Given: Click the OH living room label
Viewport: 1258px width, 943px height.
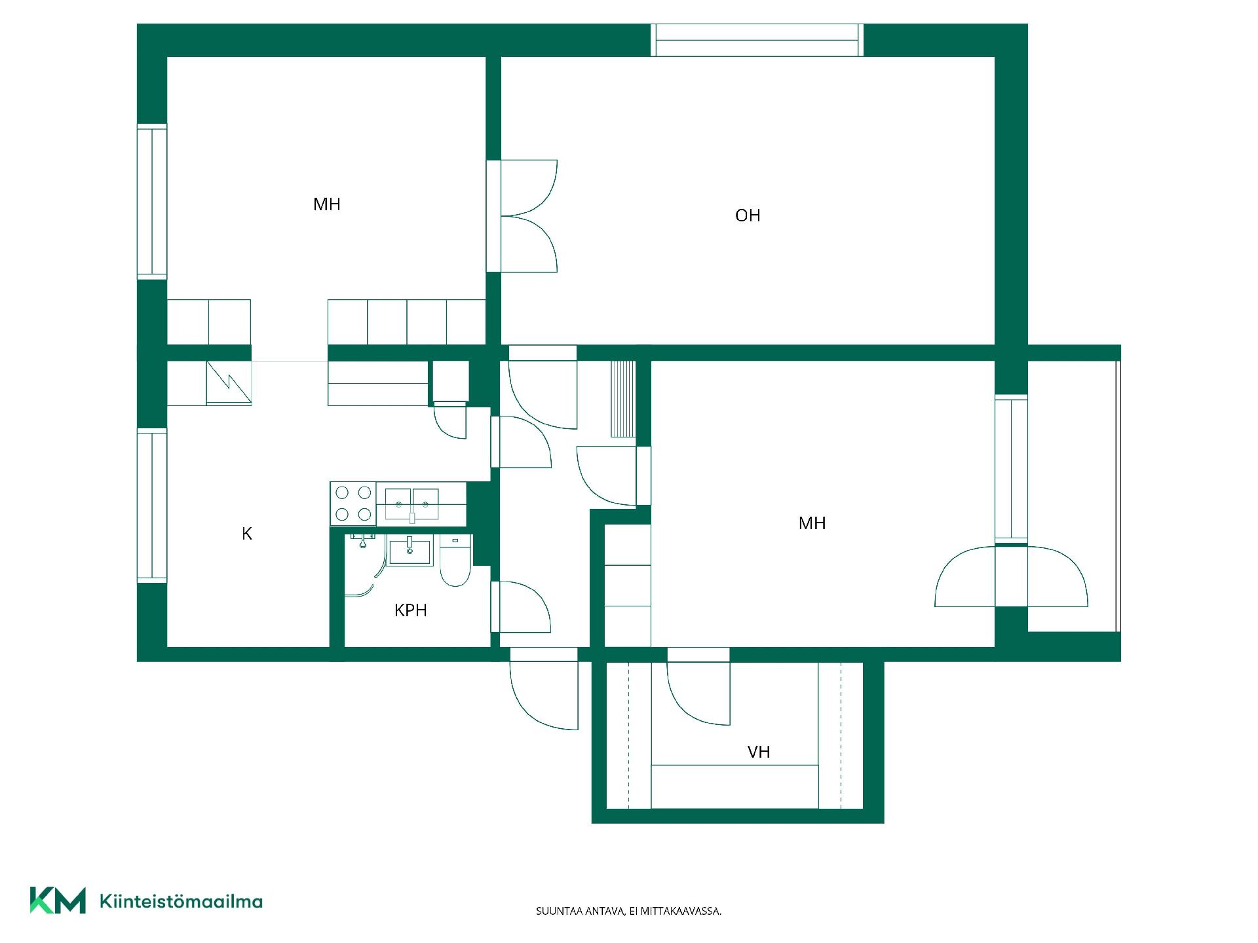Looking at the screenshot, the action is (x=748, y=215).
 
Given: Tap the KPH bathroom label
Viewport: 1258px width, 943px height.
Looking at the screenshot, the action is (x=411, y=610).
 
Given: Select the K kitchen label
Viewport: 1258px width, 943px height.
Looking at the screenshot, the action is (x=247, y=534).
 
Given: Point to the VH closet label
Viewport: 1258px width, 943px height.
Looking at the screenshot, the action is (x=759, y=752).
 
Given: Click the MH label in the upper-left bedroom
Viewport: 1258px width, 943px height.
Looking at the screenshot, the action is (x=327, y=204).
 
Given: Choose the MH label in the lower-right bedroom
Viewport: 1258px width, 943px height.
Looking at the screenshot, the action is (x=812, y=523).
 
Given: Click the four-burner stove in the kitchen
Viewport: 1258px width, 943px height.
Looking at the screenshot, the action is (x=353, y=504).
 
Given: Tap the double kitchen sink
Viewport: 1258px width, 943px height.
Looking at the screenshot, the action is (x=412, y=505).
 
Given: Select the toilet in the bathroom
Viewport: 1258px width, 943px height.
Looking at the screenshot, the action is (x=455, y=561).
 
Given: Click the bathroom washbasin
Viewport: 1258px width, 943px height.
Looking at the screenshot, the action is (x=410, y=551).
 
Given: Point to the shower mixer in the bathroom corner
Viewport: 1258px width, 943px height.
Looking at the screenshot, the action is (x=363, y=540).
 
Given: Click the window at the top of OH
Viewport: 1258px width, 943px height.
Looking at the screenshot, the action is (x=757, y=40).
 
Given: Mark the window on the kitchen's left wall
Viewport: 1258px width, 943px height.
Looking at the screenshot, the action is (x=152, y=506).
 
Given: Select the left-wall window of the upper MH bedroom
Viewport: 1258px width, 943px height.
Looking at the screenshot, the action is (x=152, y=201).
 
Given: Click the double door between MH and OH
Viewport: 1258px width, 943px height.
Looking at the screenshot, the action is (x=522, y=216).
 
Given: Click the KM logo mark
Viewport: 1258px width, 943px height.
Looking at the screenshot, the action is (x=58, y=900).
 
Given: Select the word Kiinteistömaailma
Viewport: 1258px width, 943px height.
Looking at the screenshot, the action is (x=181, y=902).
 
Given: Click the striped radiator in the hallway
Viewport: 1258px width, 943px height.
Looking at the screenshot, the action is (x=623, y=398).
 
